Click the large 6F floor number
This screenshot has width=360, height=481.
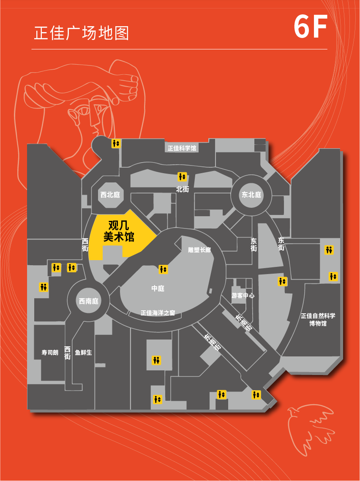pos(310,28)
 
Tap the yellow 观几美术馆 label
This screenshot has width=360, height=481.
pos(119,231)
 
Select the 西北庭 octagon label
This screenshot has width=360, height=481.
pos(110,195)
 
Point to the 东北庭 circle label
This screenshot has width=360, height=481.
pos(251,195)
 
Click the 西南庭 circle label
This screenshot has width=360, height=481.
pos(89,301)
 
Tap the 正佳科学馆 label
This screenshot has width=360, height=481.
pos(182,148)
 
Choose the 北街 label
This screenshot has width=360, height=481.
pos(183,189)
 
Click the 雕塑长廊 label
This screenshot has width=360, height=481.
pos(199,250)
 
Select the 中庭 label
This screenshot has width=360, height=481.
pos(158,288)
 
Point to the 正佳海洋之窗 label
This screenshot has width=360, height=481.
pos(158,313)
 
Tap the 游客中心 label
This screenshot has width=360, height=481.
pos(243,296)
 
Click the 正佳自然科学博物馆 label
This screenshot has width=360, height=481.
pos(318,320)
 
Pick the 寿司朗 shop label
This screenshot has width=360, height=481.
pos(50,352)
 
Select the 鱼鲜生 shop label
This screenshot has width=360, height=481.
pos(83,352)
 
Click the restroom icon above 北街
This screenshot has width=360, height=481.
pos(182,177)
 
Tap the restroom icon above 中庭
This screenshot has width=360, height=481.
pos(163,269)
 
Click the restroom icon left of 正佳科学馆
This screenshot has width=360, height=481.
pos(116,144)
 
